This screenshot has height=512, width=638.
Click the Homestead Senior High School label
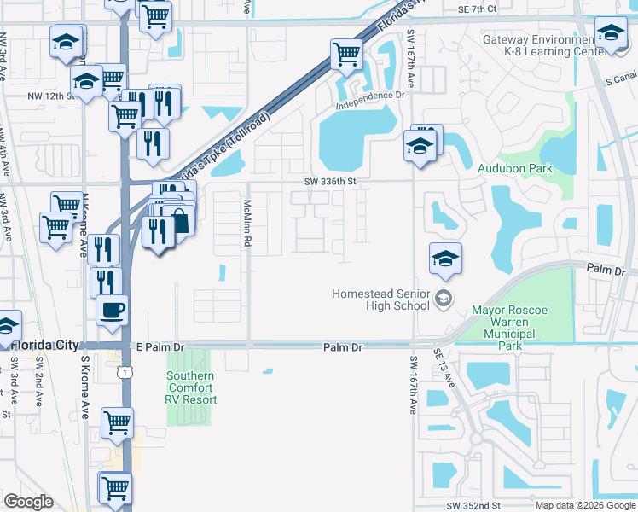[381, 300]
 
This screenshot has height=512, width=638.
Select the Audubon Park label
[514, 169]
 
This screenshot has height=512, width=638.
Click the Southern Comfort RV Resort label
[191, 387]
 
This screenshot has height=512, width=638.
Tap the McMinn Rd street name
[247, 224]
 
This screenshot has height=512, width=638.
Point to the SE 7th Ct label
[476, 9]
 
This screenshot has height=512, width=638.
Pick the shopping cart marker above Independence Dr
[346, 54]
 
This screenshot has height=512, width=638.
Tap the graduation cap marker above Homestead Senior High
[445, 258]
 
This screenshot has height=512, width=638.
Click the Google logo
[28, 502]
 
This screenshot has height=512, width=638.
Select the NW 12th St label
[53, 96]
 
